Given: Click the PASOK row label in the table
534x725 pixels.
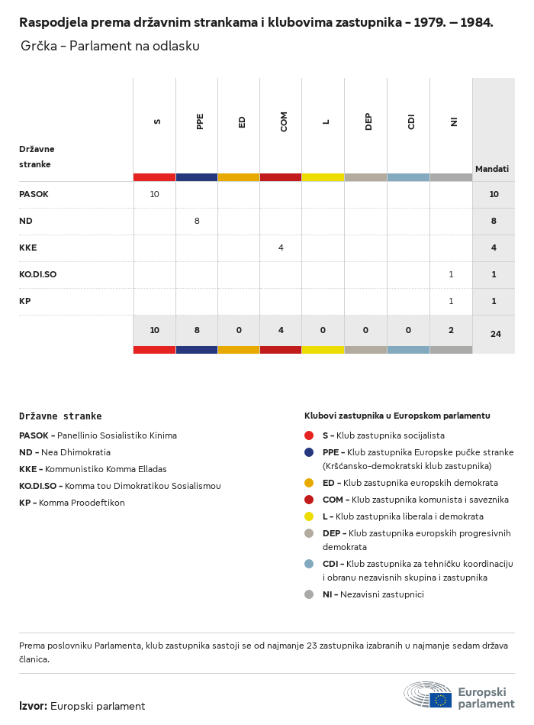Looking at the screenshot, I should (x=34, y=195).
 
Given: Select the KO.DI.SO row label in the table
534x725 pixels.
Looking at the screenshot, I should (x=37, y=274).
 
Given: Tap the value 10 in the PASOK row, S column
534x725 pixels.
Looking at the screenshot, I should (x=154, y=195).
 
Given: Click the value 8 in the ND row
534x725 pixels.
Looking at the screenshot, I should (x=197, y=221).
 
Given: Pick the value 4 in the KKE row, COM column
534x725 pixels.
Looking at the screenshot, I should (x=281, y=248).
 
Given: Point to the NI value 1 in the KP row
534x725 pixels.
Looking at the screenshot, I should (x=451, y=301).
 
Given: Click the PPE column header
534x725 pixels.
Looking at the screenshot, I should (x=200, y=121).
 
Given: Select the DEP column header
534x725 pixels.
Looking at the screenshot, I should (x=368, y=121).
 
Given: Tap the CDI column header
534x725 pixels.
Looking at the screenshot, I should (x=411, y=121).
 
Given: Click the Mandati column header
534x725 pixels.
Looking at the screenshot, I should (x=492, y=169).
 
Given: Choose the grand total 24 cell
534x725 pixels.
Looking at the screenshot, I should (x=495, y=334).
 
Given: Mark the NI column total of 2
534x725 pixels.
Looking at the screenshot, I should (x=451, y=330).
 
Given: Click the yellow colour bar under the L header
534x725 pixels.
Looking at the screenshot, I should (x=323, y=177).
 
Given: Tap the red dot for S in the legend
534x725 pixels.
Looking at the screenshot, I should (x=309, y=435).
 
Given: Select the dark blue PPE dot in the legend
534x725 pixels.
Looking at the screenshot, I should (x=309, y=452).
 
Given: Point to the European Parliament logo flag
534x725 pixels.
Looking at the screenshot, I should (x=440, y=700).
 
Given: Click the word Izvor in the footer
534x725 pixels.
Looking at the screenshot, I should (x=33, y=706).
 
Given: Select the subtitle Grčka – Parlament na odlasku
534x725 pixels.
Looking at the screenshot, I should (x=110, y=47).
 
